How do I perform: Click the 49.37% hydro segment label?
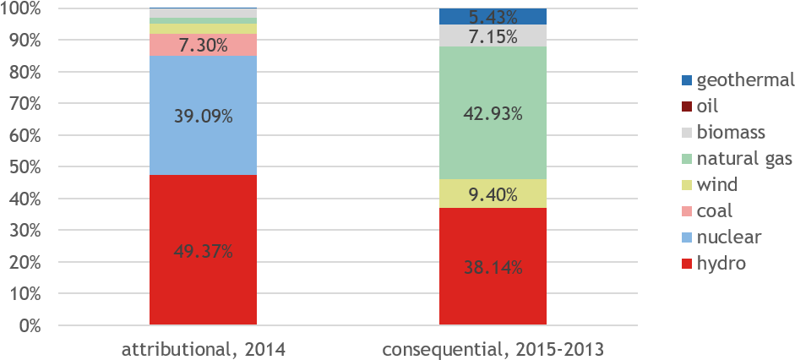click(203, 251)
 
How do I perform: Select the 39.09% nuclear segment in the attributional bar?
click(203, 116)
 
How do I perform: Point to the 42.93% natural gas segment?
click(493, 112)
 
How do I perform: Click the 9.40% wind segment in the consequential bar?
click(493, 195)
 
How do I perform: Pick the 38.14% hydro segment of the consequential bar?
click(493, 268)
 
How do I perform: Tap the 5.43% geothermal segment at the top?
click(493, 16)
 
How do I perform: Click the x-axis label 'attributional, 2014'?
click(203, 346)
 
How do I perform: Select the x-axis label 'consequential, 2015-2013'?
click(493, 346)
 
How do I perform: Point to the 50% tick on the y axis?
click(25, 167)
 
